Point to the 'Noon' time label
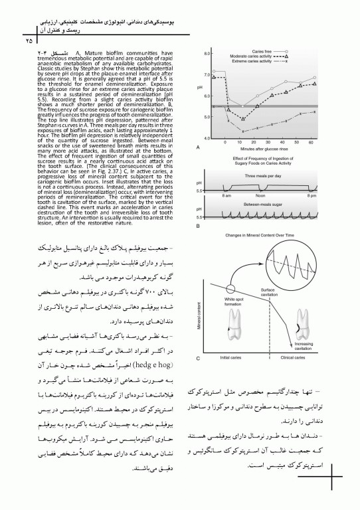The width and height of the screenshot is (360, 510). coord(260,197)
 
